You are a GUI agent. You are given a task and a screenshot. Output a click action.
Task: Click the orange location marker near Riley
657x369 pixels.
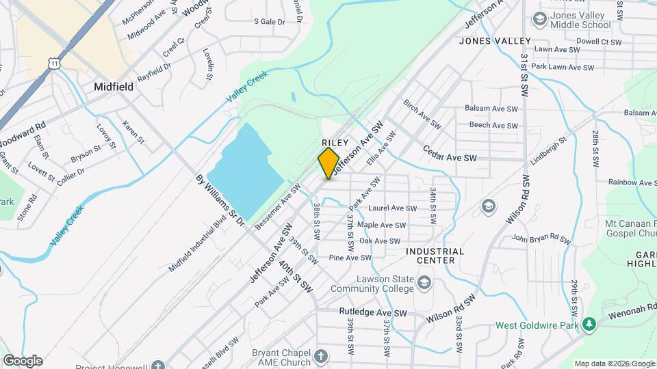point(328,163)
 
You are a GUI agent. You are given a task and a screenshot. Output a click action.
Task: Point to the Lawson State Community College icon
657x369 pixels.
point(424,283)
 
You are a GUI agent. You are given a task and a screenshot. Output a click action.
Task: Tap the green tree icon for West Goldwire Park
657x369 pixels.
point(589,323)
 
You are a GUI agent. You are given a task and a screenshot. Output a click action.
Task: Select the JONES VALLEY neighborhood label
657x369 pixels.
point(495,41)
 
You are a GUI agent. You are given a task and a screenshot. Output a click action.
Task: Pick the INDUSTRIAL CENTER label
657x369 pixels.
point(435,256)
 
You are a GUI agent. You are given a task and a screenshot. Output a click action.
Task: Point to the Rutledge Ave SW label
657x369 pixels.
point(373,313)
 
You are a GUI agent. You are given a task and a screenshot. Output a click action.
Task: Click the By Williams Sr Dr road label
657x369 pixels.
point(220,204)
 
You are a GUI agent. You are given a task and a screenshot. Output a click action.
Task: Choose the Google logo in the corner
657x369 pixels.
point(22,360)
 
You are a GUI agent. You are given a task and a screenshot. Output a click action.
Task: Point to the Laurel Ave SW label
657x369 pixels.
point(392,208)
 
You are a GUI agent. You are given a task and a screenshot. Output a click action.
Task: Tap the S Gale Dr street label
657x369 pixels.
point(269,22)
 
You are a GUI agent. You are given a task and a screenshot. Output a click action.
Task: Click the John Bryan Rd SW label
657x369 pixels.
point(541,238)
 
